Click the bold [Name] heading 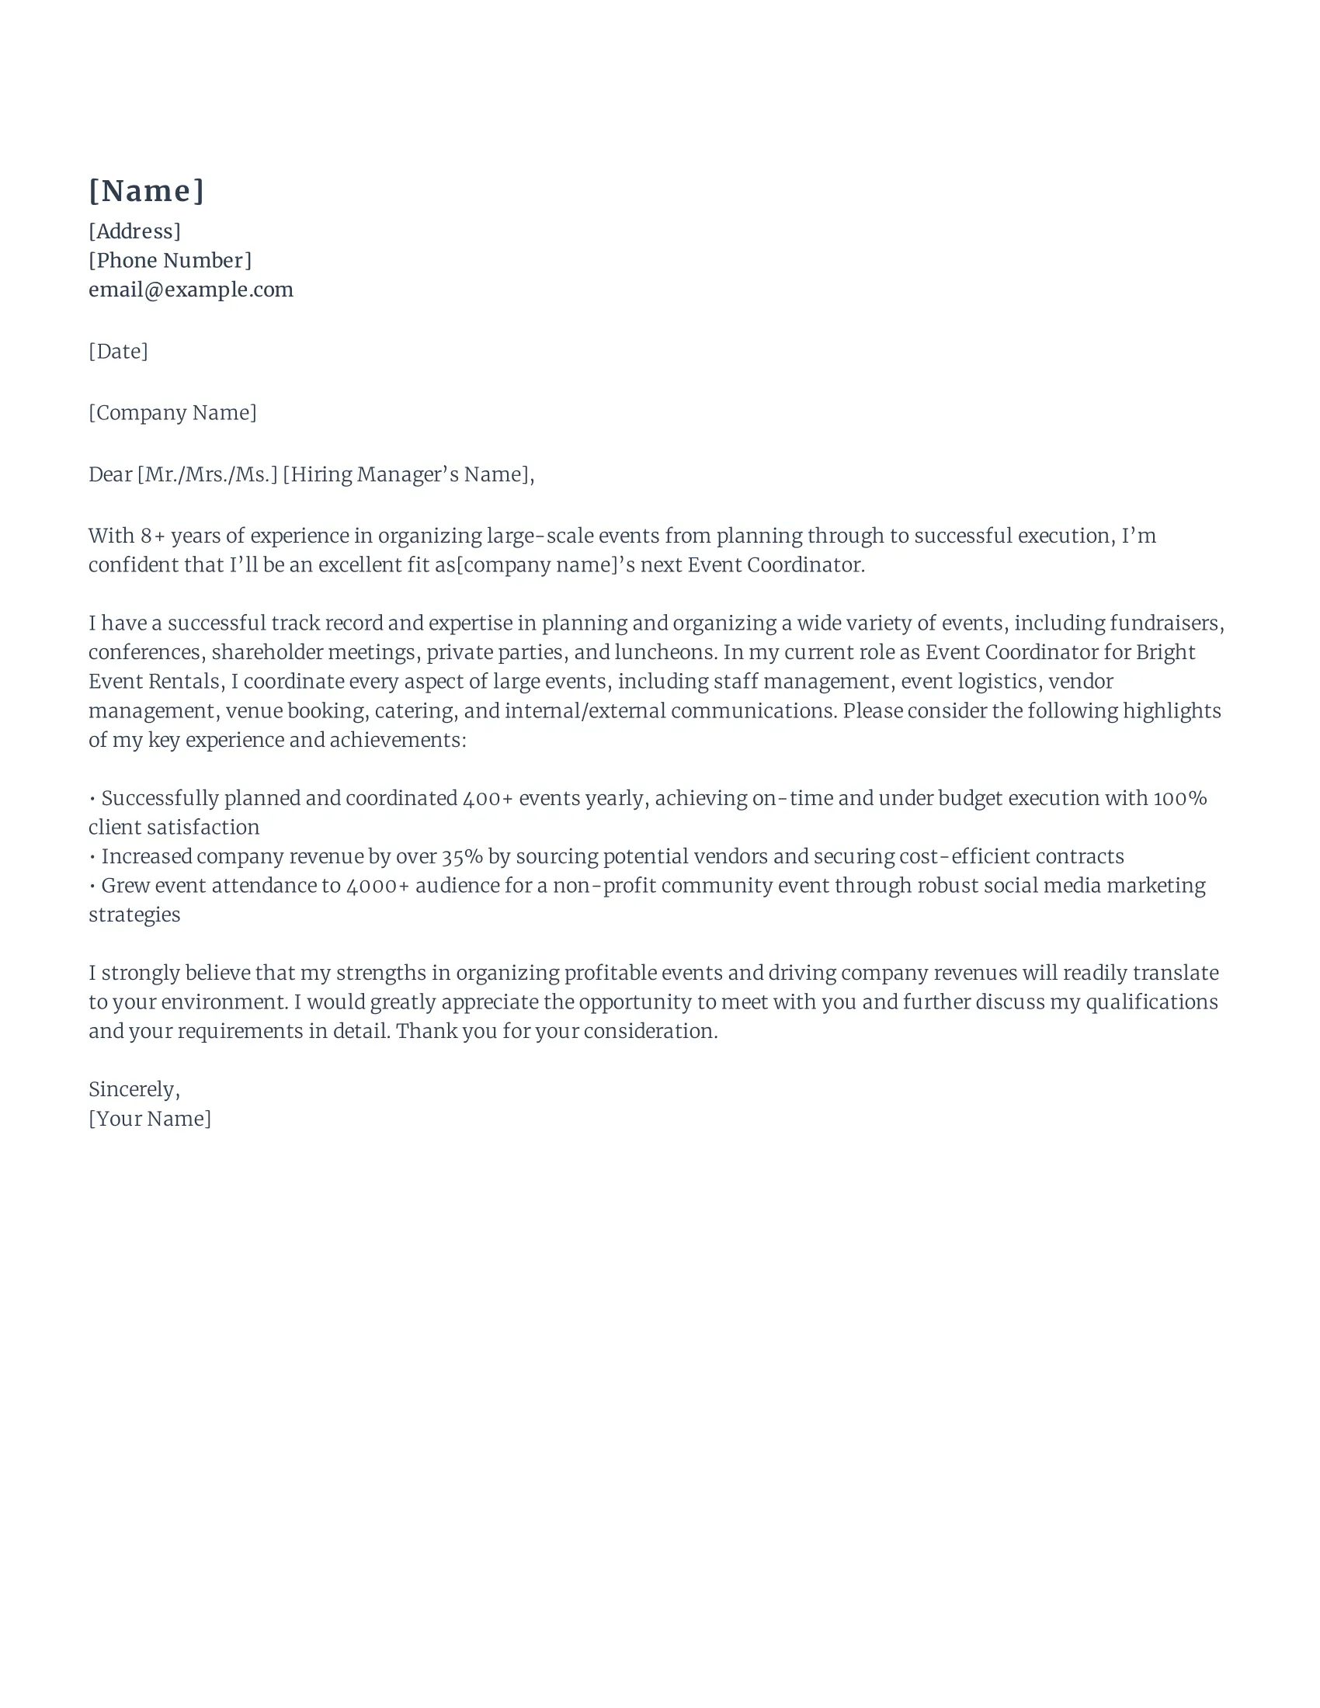146,191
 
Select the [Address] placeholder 134,231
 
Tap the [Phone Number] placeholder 170,260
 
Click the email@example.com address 191,290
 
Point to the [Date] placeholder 118,351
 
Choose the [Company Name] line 172,413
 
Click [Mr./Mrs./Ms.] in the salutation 207,474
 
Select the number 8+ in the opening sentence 152,536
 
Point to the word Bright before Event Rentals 1165,652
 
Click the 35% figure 461,856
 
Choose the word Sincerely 134,1089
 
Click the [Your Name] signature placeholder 149,1119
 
